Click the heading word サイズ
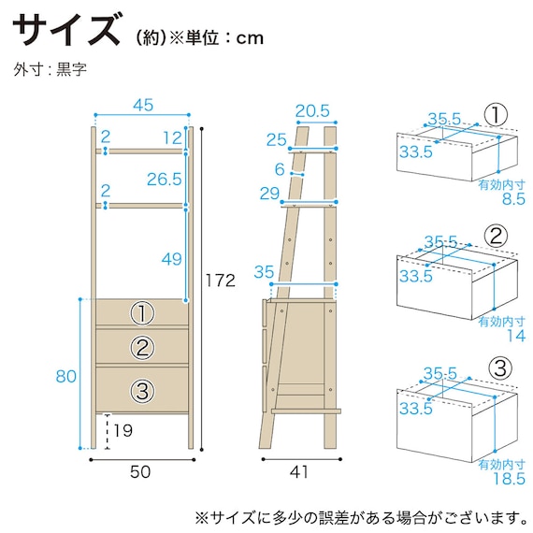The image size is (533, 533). coord(67,31)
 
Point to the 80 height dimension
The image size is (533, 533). coord(65,377)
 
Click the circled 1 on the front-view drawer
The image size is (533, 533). coord(141,312)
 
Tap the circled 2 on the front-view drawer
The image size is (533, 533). coord(141,348)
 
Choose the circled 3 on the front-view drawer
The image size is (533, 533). coord(141,390)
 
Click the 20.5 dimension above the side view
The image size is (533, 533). coord(311,110)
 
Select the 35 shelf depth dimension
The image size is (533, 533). coord(264,272)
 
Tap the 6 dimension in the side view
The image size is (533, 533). coord(279,168)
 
